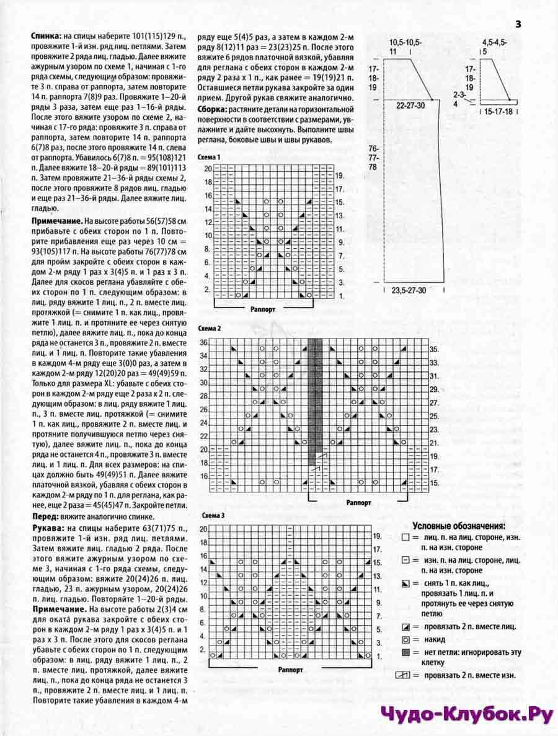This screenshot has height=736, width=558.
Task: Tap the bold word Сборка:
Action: point(213,110)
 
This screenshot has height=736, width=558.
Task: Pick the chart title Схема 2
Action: point(209,328)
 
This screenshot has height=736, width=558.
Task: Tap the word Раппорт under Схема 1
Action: point(264,308)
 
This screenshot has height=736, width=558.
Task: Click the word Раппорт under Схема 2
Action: point(358,502)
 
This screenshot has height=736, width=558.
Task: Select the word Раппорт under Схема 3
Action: point(290,670)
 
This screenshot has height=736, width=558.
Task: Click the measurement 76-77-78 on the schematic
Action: point(373,158)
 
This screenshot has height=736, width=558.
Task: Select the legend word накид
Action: point(433,639)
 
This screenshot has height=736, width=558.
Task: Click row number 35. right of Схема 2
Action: point(434,350)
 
